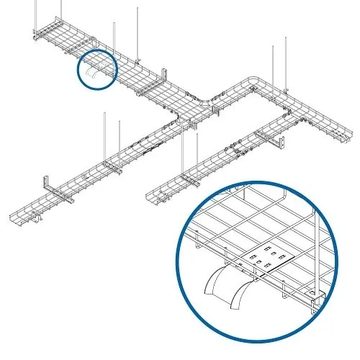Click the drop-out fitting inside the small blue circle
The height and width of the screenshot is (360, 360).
[96, 73]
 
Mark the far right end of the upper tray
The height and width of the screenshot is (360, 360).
[351, 133]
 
